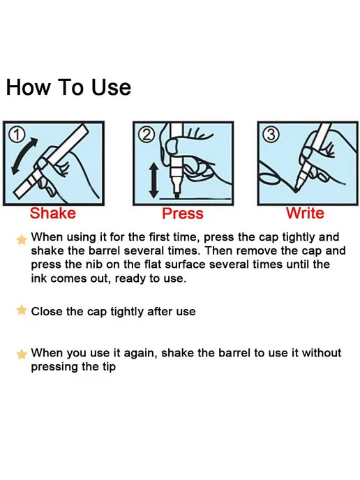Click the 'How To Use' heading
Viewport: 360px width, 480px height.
click(68, 87)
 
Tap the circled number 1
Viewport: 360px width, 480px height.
click(17, 134)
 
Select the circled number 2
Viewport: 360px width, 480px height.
click(147, 135)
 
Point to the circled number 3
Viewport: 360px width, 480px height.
click(271, 135)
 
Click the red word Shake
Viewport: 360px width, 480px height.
click(52, 213)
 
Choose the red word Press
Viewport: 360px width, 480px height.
click(183, 213)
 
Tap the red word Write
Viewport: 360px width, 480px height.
click(305, 213)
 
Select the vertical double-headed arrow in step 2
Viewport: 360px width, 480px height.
click(153, 180)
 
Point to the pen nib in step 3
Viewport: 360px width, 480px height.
click(297, 188)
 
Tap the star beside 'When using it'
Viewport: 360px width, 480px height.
click(22, 240)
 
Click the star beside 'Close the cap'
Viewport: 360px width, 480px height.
click(22, 310)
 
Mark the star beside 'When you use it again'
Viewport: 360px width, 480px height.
click(22, 354)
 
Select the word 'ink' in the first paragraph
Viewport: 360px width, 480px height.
click(39, 278)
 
